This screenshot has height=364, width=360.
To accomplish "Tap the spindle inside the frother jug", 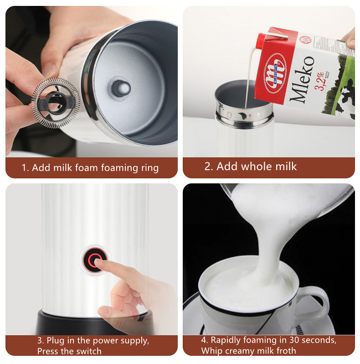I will (x=120, y=88).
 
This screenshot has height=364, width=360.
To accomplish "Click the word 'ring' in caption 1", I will (x=149, y=168).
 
